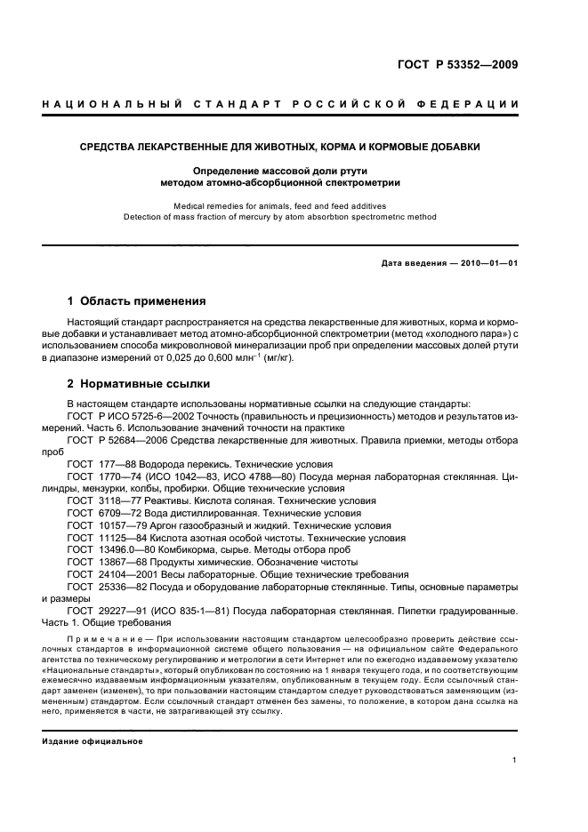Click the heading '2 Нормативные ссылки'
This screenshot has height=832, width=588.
(x=139, y=384)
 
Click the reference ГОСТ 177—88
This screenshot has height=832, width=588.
(x=99, y=464)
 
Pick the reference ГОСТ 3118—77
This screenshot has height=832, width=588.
(x=99, y=501)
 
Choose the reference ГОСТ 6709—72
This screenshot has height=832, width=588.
(x=99, y=514)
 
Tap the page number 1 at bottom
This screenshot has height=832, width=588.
(x=515, y=760)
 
